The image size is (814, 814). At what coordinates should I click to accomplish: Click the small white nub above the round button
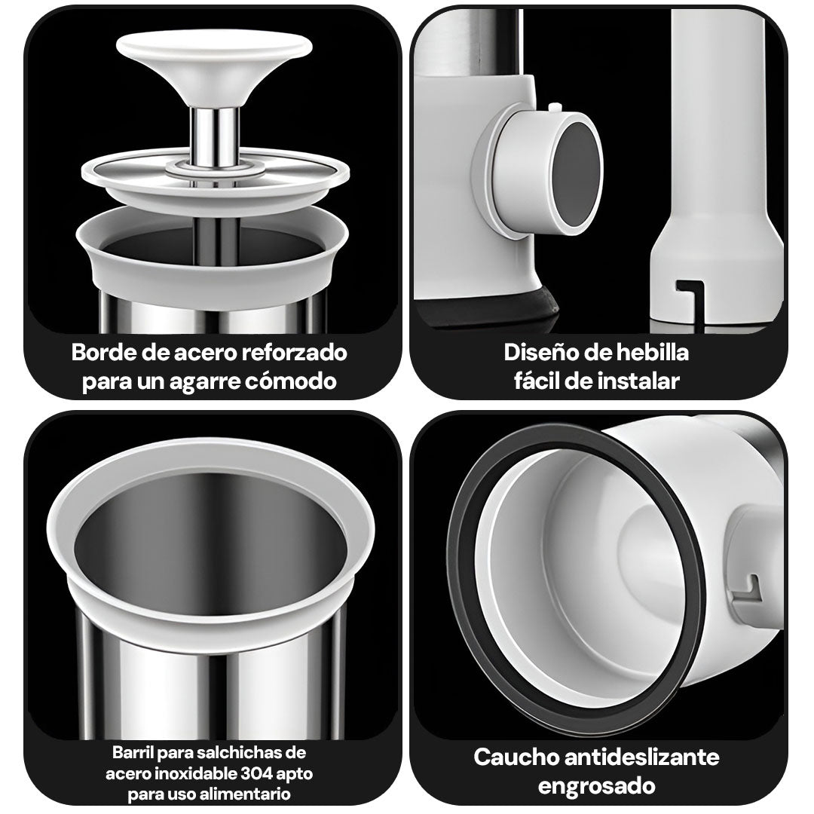click(x=555, y=108)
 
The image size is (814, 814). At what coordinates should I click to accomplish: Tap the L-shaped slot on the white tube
click(x=690, y=295)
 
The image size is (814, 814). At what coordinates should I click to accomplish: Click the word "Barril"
click(x=133, y=752)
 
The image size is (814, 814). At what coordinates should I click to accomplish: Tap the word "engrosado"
click(x=596, y=786)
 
